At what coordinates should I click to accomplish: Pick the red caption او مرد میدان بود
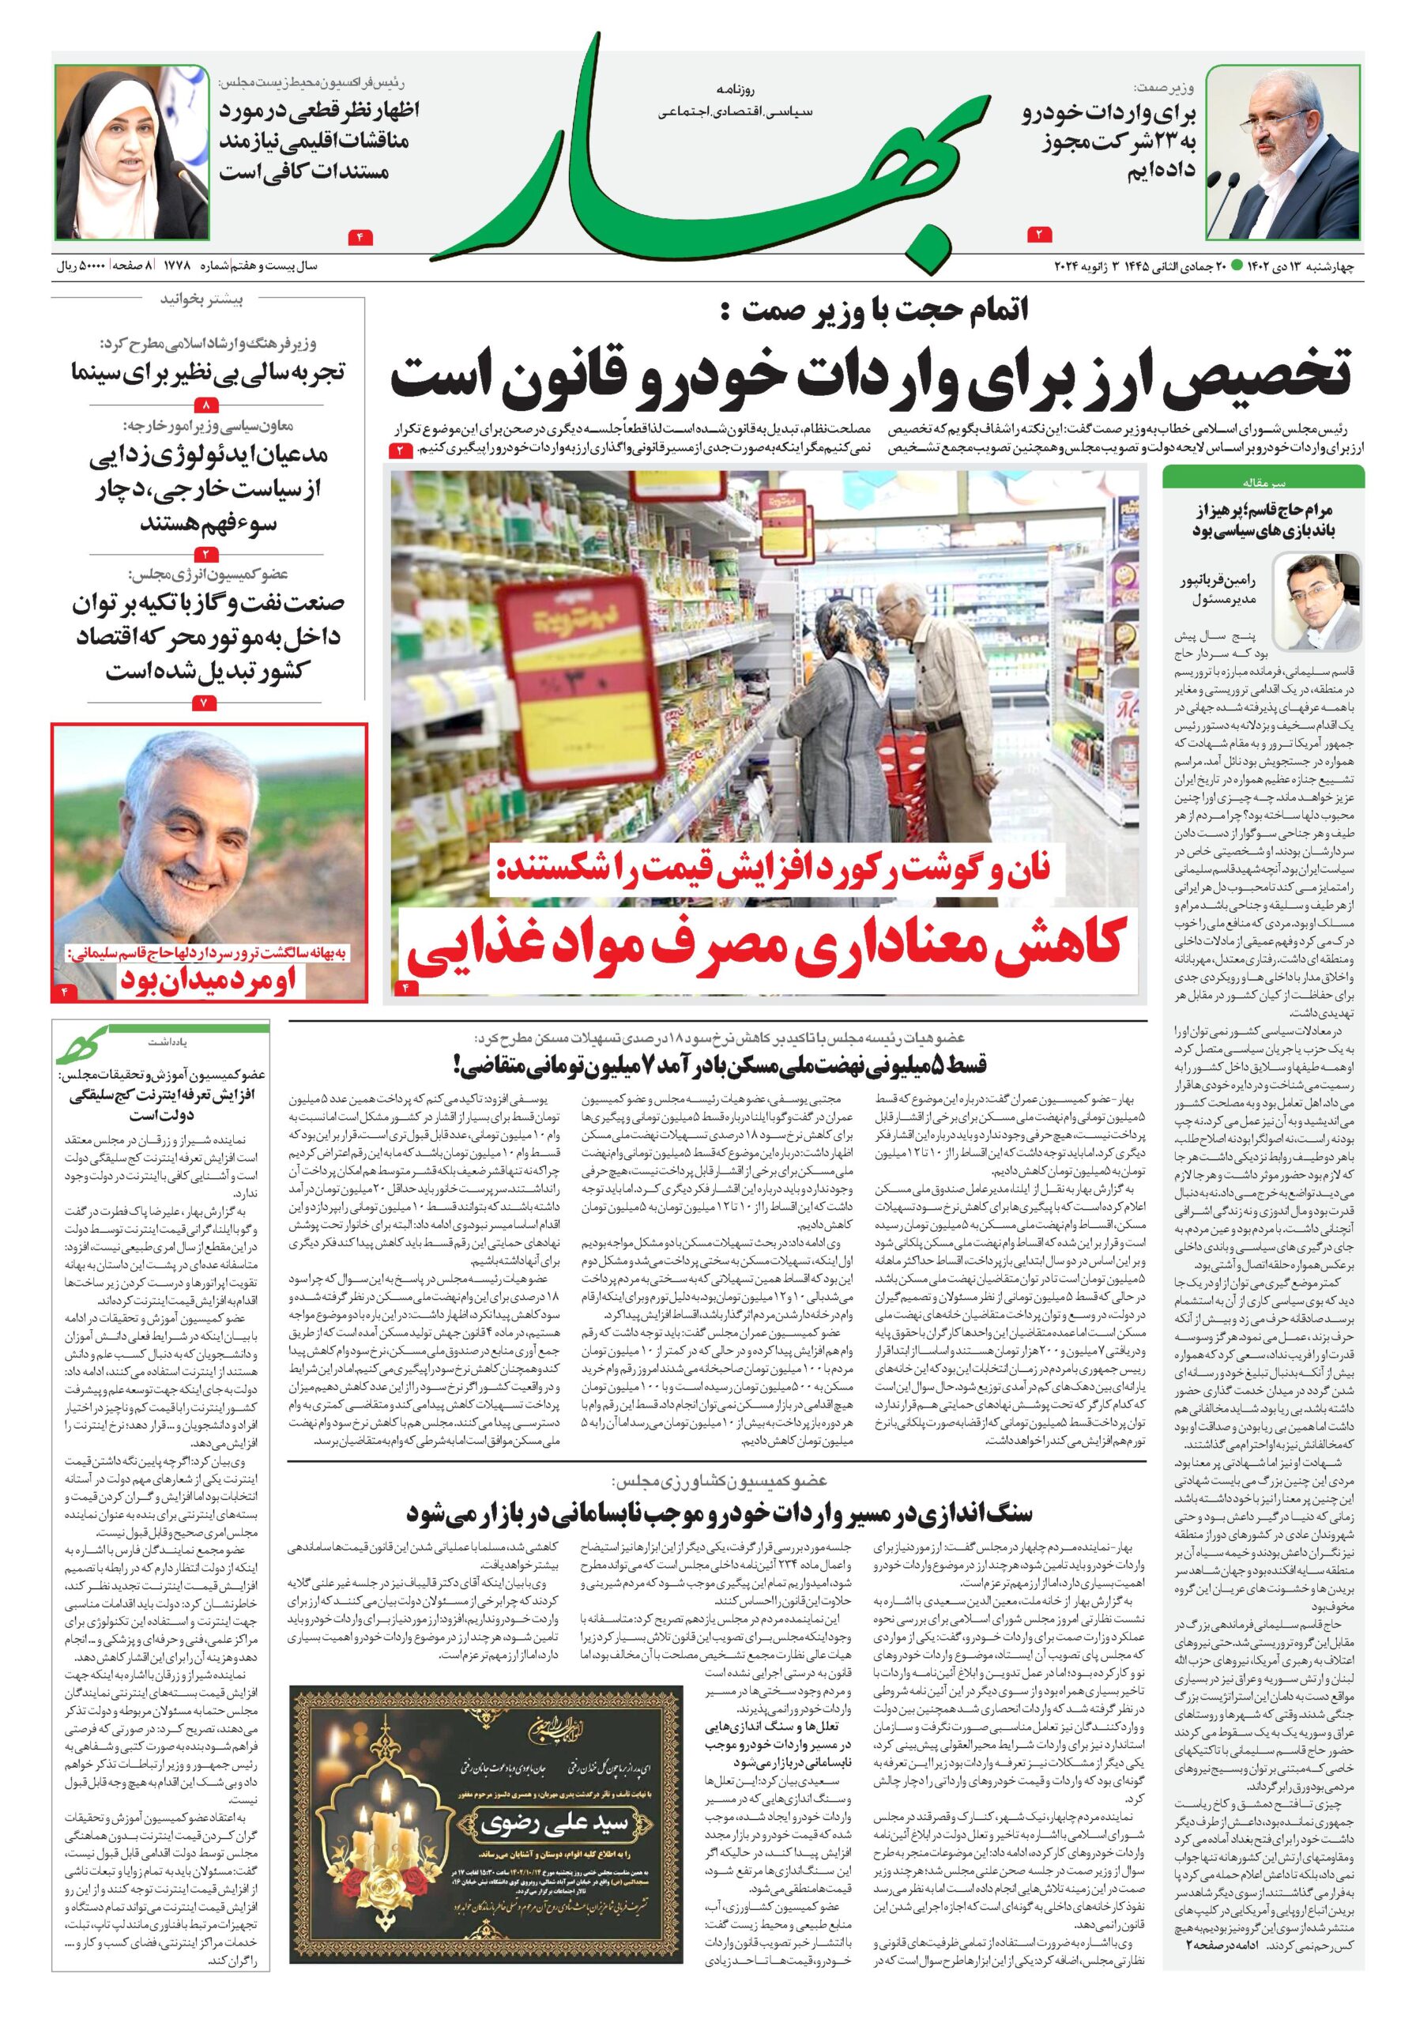point(211,981)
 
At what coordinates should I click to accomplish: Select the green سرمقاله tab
point(1273,483)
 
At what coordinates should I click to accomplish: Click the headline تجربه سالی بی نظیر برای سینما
point(207,373)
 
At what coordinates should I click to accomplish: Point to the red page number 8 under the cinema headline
point(207,406)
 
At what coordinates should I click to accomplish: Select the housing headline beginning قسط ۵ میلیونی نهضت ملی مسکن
point(718,1064)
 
